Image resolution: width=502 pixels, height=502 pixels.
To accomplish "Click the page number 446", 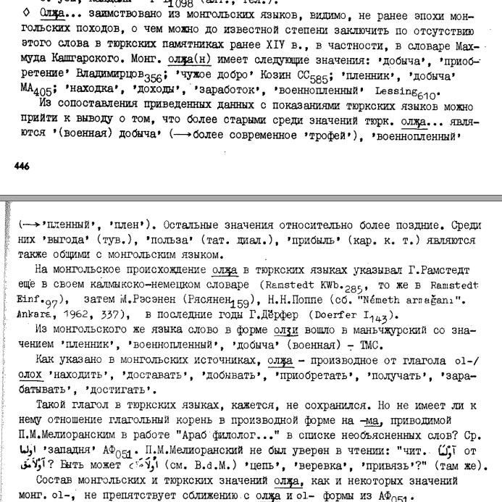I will coord(22,166).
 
